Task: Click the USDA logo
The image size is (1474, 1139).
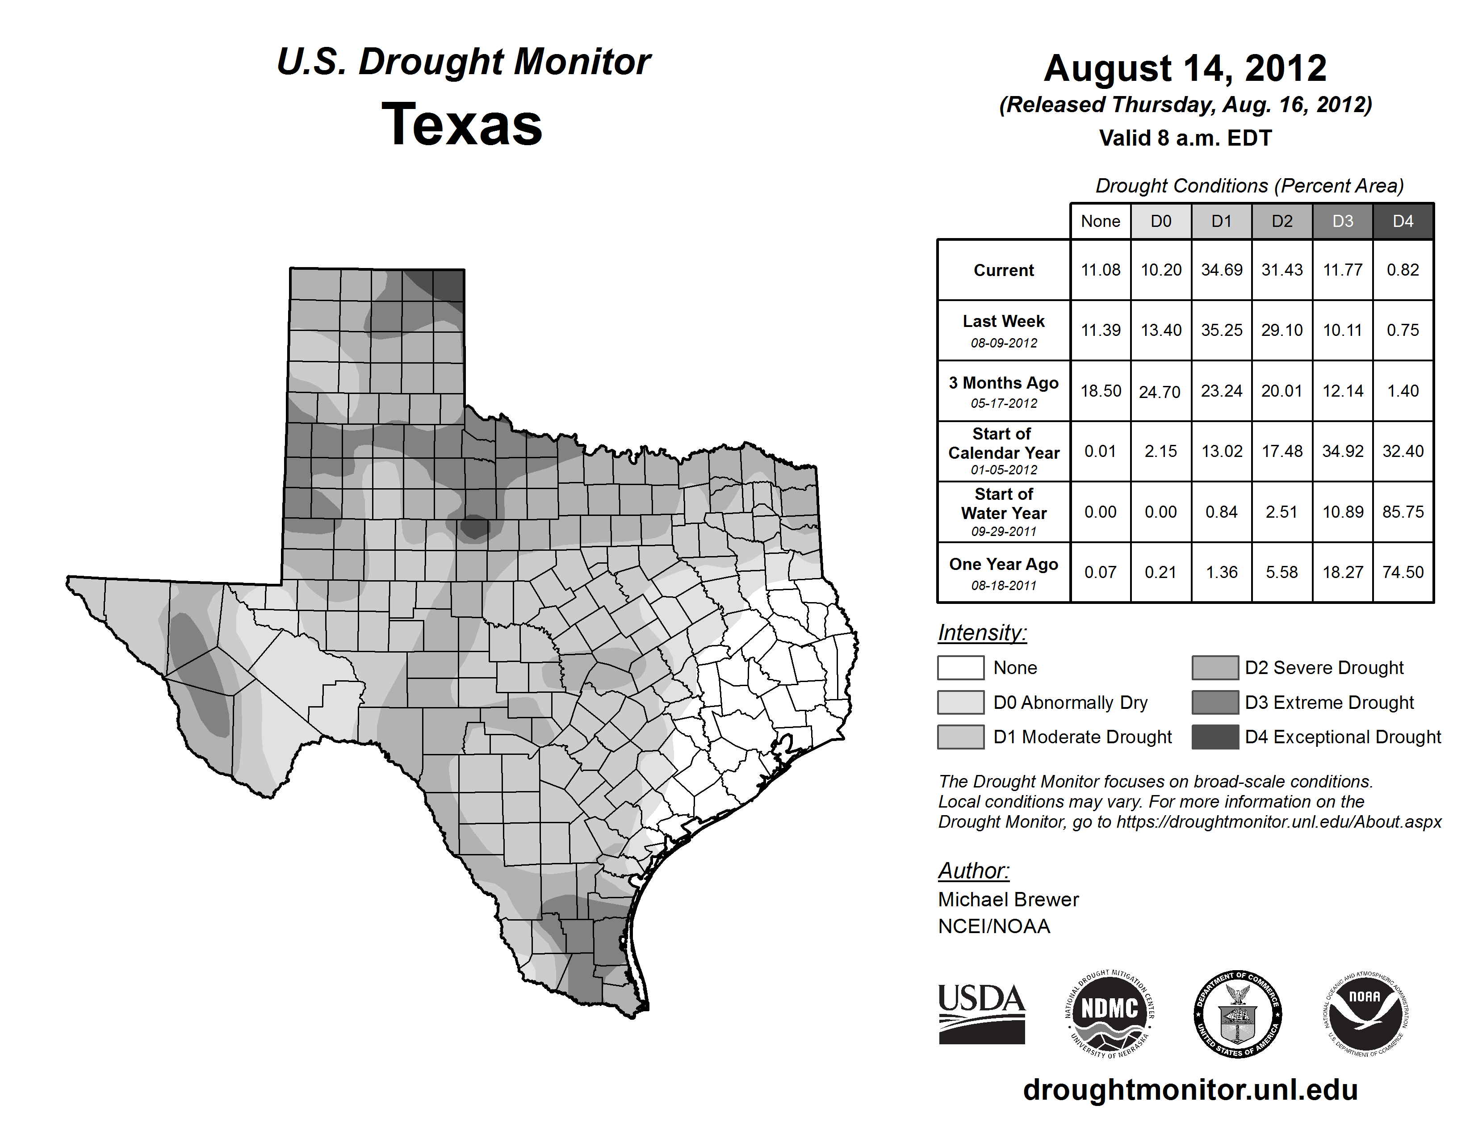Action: [x=981, y=1013]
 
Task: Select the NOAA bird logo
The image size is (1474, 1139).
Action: [x=1365, y=1013]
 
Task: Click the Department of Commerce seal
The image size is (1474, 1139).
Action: [x=1238, y=1013]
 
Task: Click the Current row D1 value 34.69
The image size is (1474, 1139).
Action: [x=1222, y=270]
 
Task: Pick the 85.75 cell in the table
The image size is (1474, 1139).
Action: [x=1403, y=512]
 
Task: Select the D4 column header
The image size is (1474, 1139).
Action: [x=1403, y=221]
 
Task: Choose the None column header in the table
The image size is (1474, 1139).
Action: [x=1100, y=221]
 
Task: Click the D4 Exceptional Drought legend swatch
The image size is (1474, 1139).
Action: [x=1215, y=737]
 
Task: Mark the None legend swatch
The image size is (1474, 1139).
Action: [x=960, y=667]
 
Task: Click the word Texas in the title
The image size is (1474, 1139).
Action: [x=462, y=124]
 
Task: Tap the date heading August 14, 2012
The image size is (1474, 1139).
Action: [x=1185, y=68]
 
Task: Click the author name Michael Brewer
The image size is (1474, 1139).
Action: [x=1008, y=900]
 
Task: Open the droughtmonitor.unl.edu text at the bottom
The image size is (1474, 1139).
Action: [x=1190, y=1090]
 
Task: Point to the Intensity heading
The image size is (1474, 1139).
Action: [x=982, y=633]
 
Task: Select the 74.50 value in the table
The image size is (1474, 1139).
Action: [x=1403, y=572]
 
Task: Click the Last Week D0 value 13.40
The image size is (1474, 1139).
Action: [x=1161, y=331]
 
